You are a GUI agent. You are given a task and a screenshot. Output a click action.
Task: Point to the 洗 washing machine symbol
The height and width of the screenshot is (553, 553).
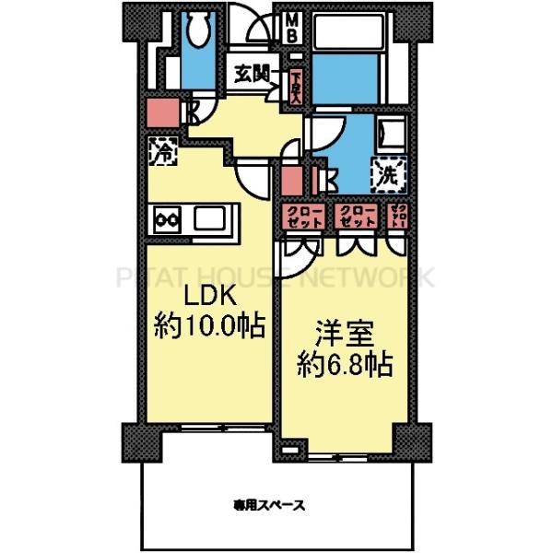[386, 171]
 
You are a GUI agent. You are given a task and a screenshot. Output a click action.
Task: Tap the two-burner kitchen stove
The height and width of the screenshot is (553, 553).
[168, 220]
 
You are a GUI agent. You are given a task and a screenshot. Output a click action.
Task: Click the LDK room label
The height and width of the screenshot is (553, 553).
[206, 297]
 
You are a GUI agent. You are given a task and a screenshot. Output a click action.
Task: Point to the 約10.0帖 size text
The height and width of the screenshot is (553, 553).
[209, 324]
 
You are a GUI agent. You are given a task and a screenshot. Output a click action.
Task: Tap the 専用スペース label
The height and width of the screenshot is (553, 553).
[269, 504]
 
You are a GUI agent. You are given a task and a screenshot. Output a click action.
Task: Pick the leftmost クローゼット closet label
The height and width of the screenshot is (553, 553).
[302, 218]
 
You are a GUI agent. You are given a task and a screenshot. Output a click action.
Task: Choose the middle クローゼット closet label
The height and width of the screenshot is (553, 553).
[358, 218]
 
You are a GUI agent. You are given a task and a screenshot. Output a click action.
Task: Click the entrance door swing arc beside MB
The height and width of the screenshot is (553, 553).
[253, 26]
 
